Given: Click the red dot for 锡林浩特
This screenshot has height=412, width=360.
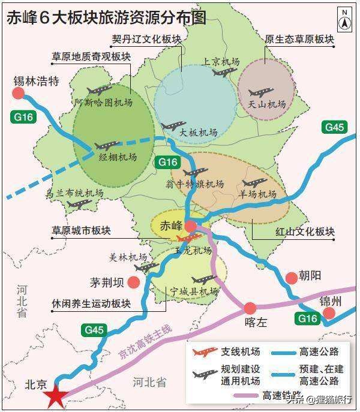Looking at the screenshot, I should click(18, 93).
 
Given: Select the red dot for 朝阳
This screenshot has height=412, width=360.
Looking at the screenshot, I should click(291, 277).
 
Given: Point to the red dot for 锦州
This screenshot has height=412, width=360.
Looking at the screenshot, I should click(328, 313).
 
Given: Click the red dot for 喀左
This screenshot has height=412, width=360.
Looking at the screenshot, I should click(250, 308).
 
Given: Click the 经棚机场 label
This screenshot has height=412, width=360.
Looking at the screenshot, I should click(118, 158).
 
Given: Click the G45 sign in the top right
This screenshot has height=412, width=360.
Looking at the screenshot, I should click(334, 127).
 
